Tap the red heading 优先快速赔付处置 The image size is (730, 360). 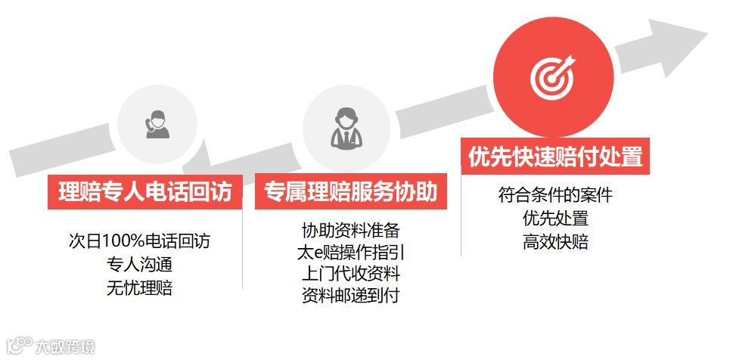pyautogui.click(x=555, y=157)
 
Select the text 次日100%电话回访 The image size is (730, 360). pyautogui.click(x=139, y=241)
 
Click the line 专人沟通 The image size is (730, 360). pyautogui.click(x=139, y=265)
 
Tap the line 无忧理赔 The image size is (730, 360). pyautogui.click(x=139, y=288)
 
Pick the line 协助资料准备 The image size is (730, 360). pyautogui.click(x=350, y=230)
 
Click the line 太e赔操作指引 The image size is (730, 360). pyautogui.click(x=350, y=252)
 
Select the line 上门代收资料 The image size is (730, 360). pyautogui.click(x=350, y=274)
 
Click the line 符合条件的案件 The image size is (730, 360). pyautogui.click(x=555, y=194)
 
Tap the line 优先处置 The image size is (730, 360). pyautogui.click(x=555, y=219)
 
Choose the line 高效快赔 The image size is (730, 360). pyautogui.click(x=555, y=243)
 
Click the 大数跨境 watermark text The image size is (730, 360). pyautogui.click(x=67, y=347)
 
